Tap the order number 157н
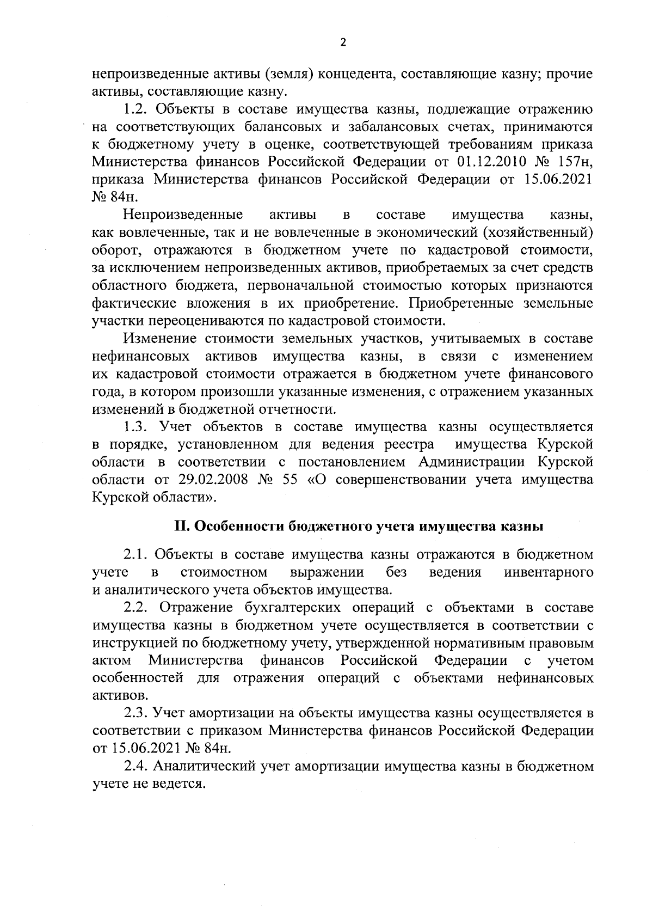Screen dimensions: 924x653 coord(572,162)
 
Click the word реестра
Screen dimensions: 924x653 coord(409,445)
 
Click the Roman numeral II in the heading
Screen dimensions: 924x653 coord(181,527)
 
